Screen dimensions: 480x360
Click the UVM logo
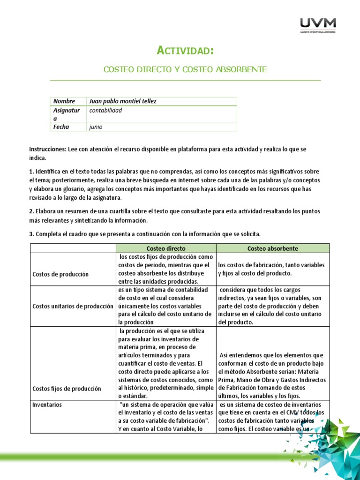pyautogui.click(x=318, y=25)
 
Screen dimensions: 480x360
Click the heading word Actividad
pyautogui.click(x=185, y=50)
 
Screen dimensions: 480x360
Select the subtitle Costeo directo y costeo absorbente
pyautogui.click(x=185, y=69)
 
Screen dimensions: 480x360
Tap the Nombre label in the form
pyautogui.click(x=64, y=101)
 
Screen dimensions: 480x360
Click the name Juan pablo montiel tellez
pyautogui.click(x=122, y=101)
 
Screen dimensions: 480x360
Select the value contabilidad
pyautogui.click(x=105, y=110)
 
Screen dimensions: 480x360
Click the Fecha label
pyautogui.click(x=61, y=127)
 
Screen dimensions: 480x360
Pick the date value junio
pyautogui.click(x=95, y=127)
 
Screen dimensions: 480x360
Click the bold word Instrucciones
pyautogui.click(x=47, y=149)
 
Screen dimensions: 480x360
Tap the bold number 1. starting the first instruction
pyautogui.click(x=31, y=171)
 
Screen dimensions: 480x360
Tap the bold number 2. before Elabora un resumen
pyautogui.click(x=31, y=211)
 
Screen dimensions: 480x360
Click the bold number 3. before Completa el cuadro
pyautogui.click(x=31, y=234)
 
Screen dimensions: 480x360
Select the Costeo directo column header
pyautogui.click(x=165, y=248)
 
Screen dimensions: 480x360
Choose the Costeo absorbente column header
pyautogui.click(x=272, y=248)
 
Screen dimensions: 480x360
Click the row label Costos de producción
pyautogui.click(x=60, y=274)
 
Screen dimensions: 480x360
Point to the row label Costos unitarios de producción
pyautogui.click(x=73, y=306)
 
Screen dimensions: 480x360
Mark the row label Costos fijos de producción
pyautogui.click(x=67, y=389)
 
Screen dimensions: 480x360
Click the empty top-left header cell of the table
pyautogui.click(x=73, y=248)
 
